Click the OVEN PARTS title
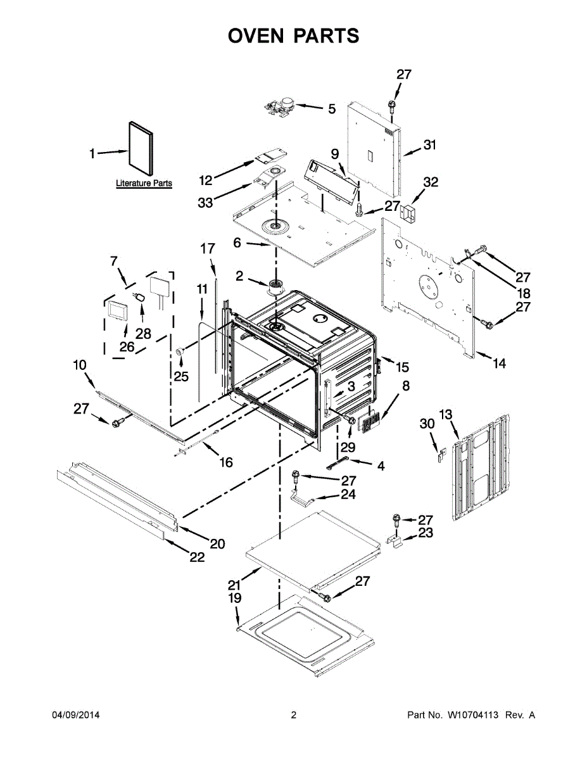click(x=293, y=36)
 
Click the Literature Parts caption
click(x=144, y=184)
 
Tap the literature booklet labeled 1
click(x=141, y=151)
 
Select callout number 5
click(x=331, y=109)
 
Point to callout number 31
click(x=430, y=145)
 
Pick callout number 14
click(x=499, y=364)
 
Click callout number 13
click(x=446, y=415)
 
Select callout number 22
click(x=197, y=557)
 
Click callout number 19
click(x=235, y=598)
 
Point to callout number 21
click(x=235, y=585)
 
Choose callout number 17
click(x=208, y=249)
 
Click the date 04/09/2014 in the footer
click(x=75, y=715)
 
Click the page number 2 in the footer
click(x=293, y=715)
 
